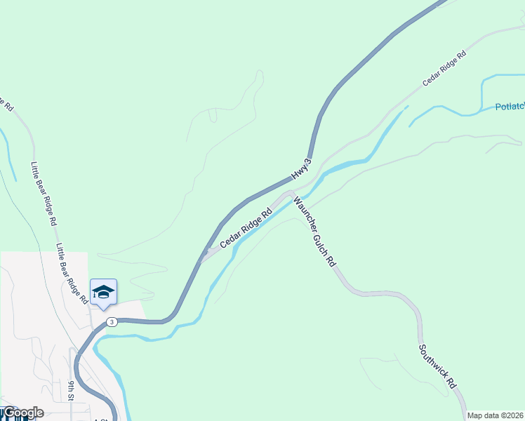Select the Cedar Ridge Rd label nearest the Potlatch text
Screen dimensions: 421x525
[x=444, y=69]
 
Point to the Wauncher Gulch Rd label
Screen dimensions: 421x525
[x=314, y=231]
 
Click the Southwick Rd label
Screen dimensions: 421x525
[x=438, y=366]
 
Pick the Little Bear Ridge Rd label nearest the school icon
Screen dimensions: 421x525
[x=72, y=274]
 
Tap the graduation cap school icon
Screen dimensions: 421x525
[x=103, y=292]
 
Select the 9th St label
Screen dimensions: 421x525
[x=72, y=391]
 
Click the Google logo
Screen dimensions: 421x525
[x=22, y=413]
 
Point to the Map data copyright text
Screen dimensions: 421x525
[x=496, y=415]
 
